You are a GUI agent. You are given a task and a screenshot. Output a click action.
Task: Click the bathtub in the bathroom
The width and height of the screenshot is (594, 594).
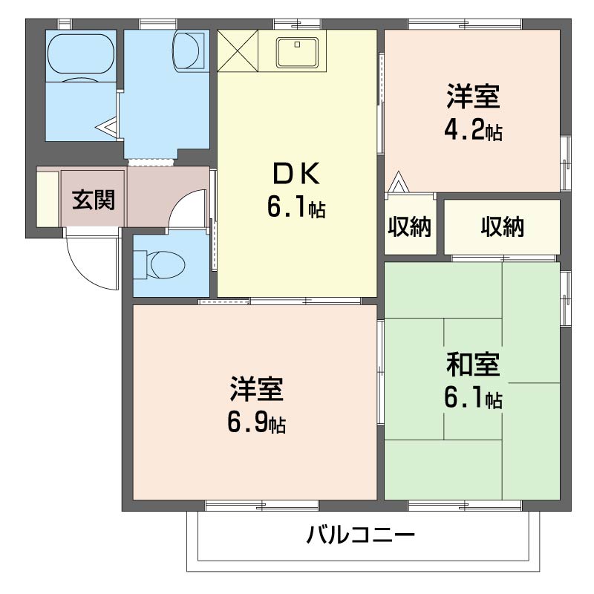click(81, 56)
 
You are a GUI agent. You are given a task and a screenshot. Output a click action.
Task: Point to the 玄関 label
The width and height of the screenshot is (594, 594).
click(94, 200)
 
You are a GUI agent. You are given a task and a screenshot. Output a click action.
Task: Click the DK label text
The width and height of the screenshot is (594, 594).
click(296, 175)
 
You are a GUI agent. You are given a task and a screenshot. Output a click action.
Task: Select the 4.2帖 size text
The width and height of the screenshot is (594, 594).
click(472, 131)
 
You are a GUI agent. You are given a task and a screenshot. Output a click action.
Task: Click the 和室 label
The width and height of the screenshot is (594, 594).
click(472, 365)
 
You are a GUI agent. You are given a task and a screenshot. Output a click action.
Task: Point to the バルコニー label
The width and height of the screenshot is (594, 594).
click(359, 535)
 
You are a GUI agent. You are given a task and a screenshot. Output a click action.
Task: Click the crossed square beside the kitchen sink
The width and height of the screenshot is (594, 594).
click(237, 50)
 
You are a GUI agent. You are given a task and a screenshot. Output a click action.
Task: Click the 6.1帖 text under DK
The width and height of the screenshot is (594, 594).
click(296, 209)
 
